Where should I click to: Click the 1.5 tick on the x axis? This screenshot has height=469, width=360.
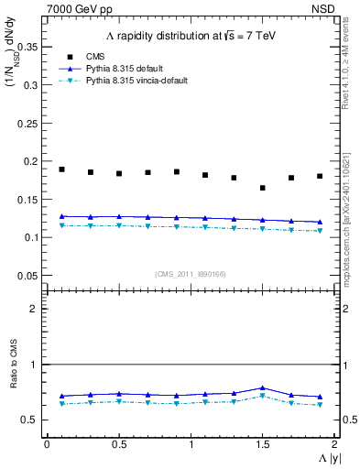[262, 444]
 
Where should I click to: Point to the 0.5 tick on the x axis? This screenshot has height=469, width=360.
[118, 444]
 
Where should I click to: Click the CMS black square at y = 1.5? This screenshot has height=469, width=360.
[262, 188]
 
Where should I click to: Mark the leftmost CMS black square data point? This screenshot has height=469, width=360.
[62, 169]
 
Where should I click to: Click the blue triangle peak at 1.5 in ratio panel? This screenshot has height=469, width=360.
[262, 388]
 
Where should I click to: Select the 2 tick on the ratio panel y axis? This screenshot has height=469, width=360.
[35, 309]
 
